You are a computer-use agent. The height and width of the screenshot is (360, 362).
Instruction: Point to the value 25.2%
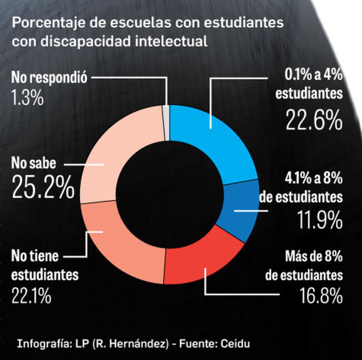(43, 187)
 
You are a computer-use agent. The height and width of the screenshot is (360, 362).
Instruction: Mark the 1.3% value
(27, 98)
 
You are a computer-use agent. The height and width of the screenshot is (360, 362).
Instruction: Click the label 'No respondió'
(49, 77)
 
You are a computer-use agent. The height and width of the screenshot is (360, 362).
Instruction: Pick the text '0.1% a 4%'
(313, 75)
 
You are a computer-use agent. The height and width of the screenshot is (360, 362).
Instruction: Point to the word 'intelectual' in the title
(171, 41)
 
